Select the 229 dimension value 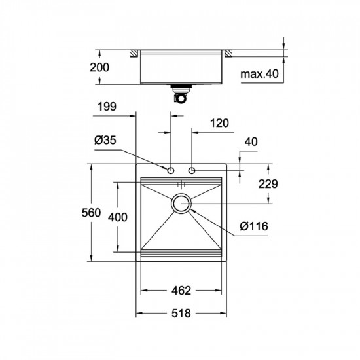pyautogui.click(x=268, y=185)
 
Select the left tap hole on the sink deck pyautogui.click(x=171, y=171)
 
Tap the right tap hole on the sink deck pyautogui.click(x=192, y=171)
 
